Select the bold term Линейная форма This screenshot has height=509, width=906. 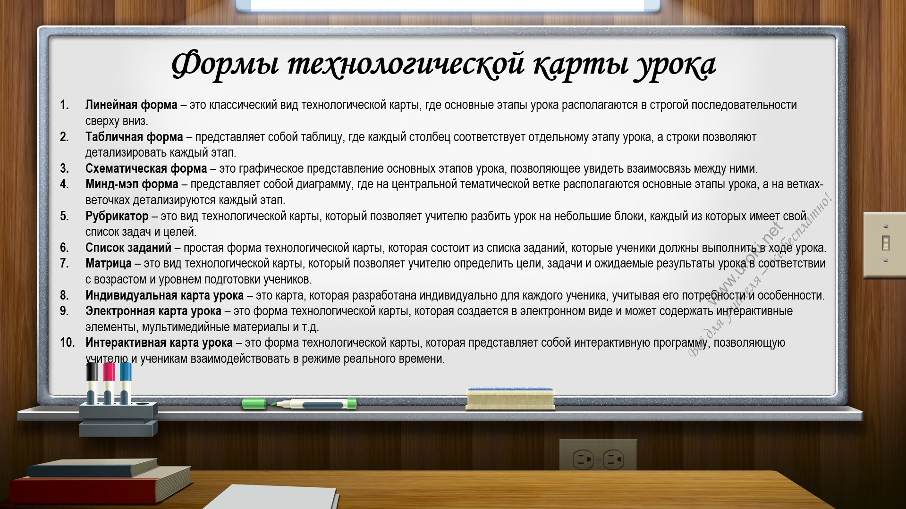point(131,105)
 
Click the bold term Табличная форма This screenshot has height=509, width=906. point(134,137)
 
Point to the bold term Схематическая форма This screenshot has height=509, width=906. point(146,168)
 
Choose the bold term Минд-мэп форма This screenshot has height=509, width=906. point(132,184)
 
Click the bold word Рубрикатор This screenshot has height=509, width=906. point(117,216)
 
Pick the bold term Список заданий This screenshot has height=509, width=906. point(128,248)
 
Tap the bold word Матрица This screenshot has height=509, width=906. point(109,263)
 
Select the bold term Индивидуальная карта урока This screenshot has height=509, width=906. point(164,295)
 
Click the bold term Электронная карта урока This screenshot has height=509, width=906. point(153,311)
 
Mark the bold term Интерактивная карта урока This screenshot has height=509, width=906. point(159,343)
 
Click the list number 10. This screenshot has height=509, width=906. point(68,343)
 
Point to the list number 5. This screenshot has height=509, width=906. point(64,216)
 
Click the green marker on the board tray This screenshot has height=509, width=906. point(299,404)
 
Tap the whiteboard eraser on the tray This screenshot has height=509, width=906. point(510,399)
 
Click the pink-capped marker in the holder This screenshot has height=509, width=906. point(109,383)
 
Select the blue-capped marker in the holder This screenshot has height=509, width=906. point(125,383)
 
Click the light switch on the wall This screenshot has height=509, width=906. point(884,244)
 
